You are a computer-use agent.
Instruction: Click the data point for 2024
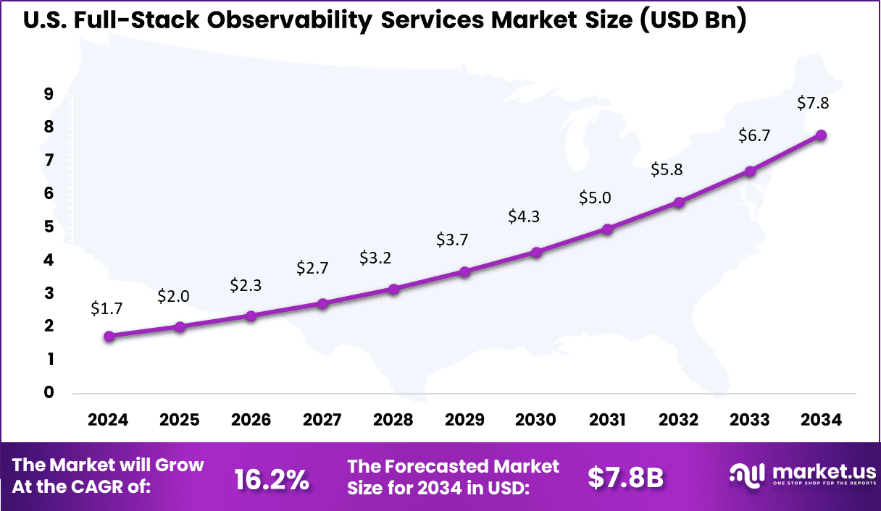[x=109, y=336]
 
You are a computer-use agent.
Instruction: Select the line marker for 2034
[x=821, y=135]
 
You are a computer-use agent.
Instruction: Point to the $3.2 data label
[x=375, y=258]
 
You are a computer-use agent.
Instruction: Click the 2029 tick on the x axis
[x=465, y=421]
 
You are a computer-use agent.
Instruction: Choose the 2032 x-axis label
[x=679, y=421]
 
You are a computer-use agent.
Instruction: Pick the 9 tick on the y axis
[x=48, y=93]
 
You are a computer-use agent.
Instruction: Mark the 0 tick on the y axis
[x=48, y=392]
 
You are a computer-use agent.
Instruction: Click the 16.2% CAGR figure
[x=272, y=478]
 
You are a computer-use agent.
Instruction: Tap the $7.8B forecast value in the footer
[x=625, y=478]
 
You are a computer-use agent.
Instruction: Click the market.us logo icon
[x=746, y=474]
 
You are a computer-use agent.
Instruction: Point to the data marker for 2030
[x=536, y=253]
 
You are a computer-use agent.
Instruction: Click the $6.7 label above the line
[x=753, y=135]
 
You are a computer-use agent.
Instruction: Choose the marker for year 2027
[x=322, y=303]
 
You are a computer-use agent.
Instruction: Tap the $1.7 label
[x=107, y=308]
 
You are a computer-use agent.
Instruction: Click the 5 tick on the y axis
[x=48, y=227]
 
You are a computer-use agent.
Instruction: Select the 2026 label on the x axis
[x=251, y=421]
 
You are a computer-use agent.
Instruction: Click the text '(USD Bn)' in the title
[x=691, y=22]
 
